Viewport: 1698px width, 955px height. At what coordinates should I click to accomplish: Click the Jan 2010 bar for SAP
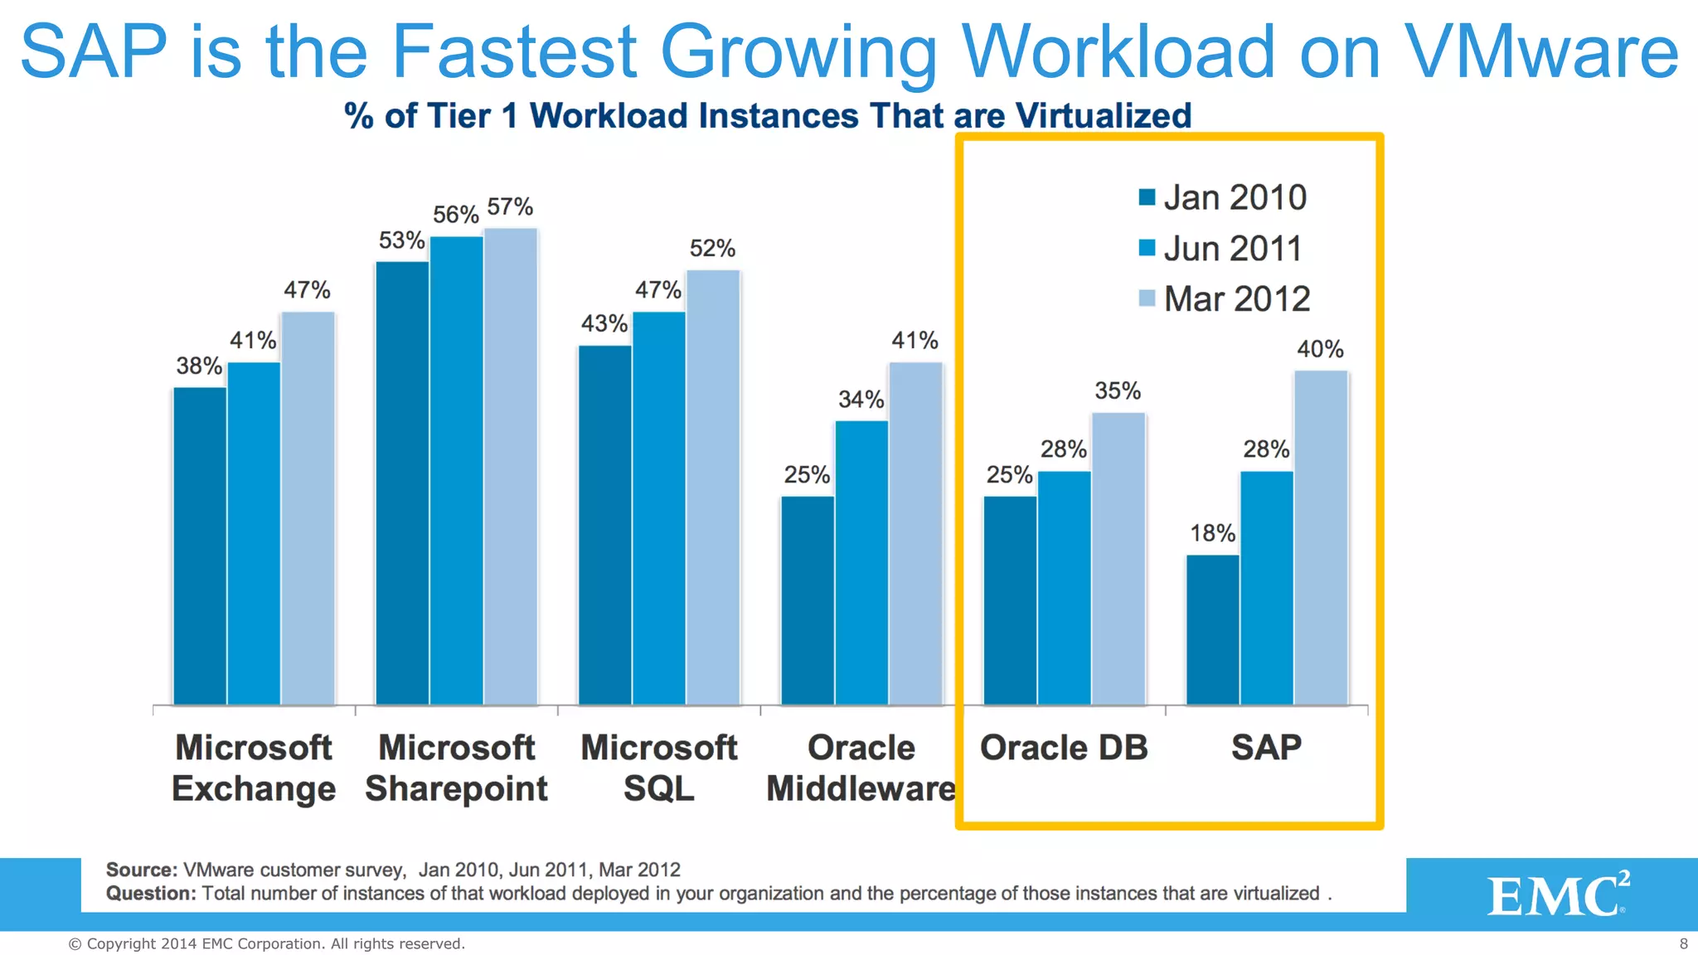[x=1212, y=630]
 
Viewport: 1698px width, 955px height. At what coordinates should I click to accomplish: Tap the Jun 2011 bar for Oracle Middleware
[x=861, y=563]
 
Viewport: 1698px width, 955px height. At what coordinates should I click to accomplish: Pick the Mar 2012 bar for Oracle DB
[x=1118, y=559]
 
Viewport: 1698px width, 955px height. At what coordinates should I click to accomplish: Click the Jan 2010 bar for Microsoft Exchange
[x=200, y=546]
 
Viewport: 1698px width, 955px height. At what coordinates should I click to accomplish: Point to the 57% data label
[x=510, y=206]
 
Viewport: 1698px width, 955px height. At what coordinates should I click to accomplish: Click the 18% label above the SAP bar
[x=1212, y=533]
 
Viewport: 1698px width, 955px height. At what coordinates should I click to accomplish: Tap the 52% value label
[x=712, y=248]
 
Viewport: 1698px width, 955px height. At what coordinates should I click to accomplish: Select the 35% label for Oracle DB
[x=1118, y=390]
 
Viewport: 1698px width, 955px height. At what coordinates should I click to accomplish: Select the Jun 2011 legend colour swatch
[x=1147, y=248]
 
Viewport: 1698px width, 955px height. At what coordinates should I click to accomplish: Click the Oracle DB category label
[x=1064, y=748]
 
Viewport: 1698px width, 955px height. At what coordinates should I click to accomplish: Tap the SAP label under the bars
[x=1266, y=748]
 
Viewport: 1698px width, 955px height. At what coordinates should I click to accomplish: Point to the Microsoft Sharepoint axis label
[x=456, y=768]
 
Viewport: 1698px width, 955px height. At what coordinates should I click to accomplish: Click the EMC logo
[x=1557, y=894]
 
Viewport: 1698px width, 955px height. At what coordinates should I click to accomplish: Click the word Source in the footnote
[x=140, y=870]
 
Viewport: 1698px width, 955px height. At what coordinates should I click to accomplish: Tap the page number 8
[x=1683, y=943]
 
